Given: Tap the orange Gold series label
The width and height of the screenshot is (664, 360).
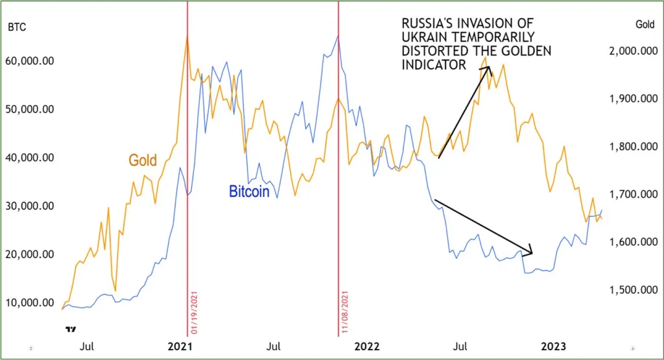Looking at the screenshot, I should tap(143, 160).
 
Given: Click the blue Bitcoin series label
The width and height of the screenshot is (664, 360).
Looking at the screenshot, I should tap(249, 192).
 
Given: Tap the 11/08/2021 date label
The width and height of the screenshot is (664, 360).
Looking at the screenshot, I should tap(345, 313).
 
